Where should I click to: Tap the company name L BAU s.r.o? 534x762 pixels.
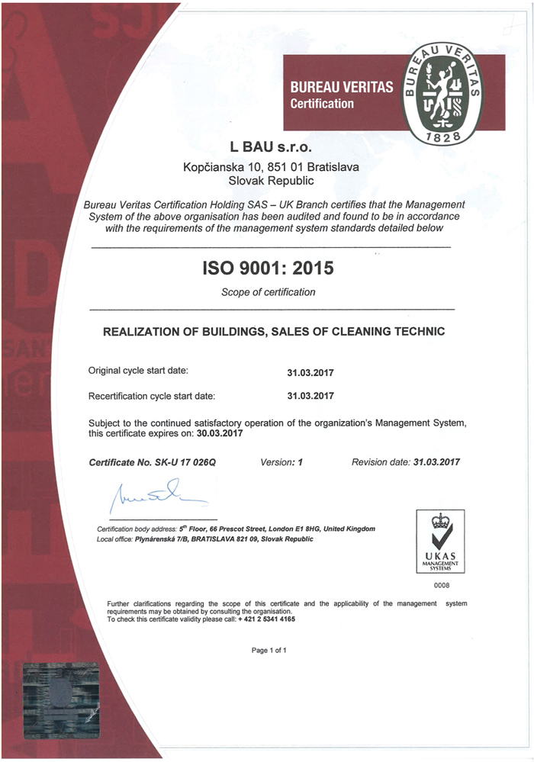point(272,146)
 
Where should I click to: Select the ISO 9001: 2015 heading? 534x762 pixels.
point(268,268)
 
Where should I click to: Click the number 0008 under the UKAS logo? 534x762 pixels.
point(440,586)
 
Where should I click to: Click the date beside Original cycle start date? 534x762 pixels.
point(310,373)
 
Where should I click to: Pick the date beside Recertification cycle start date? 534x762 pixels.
point(310,397)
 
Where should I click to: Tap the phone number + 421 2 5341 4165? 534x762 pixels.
point(266,619)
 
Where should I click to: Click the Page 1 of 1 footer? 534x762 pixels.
point(269,651)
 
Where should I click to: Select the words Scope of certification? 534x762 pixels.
point(268,292)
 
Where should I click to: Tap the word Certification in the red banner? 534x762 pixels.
point(322,104)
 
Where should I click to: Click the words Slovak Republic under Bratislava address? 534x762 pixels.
point(272,181)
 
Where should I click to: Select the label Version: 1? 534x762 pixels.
point(281,462)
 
